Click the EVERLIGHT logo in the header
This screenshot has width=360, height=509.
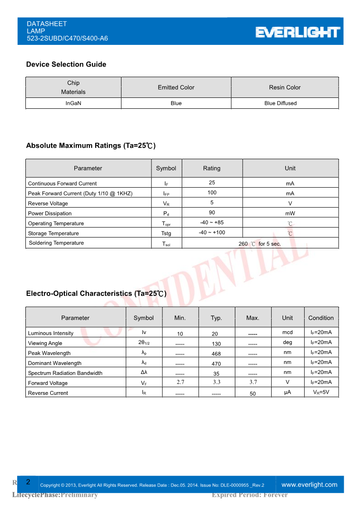point(298,32)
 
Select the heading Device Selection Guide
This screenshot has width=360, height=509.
point(66,64)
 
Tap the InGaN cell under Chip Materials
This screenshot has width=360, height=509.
point(73,103)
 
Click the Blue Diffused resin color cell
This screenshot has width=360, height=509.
point(280,103)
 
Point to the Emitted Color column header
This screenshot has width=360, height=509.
point(176,87)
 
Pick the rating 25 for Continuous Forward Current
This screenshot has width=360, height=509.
point(212,183)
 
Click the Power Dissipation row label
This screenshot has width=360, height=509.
point(50,213)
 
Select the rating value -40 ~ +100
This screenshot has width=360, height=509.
point(212,233)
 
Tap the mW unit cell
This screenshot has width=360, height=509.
point(290,213)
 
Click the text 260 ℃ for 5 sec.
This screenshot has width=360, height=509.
point(260,244)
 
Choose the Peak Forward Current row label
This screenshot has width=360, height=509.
point(80,194)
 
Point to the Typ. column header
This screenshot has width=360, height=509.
point(216,318)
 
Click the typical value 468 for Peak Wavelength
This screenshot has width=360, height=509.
point(216,354)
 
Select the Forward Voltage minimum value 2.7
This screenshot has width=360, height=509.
point(180,383)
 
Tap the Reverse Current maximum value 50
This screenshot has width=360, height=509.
point(253,394)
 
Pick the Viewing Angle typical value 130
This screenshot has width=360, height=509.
point(216,344)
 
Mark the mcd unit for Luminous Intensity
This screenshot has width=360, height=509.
point(287,333)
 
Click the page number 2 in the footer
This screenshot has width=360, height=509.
point(28,482)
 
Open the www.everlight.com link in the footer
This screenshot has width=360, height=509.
point(310,485)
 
